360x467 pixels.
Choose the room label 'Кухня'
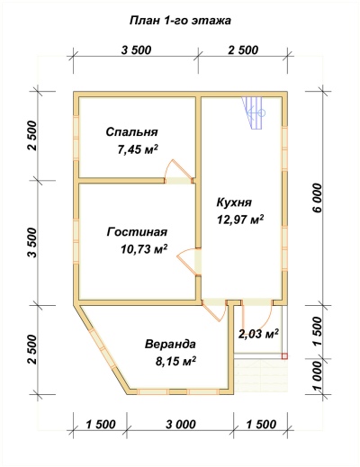point(234,202)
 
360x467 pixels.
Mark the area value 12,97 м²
point(239,219)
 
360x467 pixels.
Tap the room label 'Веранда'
point(169,344)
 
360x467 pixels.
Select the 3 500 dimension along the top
point(135,49)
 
